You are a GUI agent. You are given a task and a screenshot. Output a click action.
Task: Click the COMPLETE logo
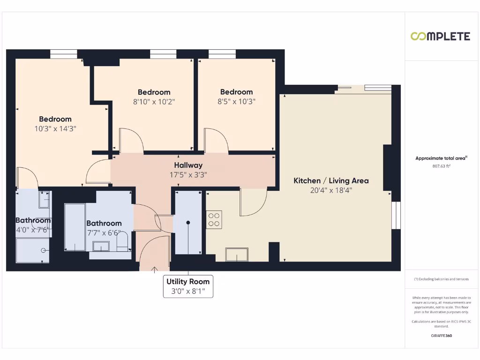click(440, 36)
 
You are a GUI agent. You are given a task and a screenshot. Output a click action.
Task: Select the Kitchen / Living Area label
click(331, 180)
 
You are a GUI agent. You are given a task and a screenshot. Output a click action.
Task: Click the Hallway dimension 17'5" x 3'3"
click(188, 175)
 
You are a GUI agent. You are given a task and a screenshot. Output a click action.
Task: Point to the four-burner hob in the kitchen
click(214, 220)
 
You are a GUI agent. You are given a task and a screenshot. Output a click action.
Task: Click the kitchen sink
click(238, 255)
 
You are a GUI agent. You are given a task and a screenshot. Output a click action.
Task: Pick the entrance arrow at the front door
click(155, 269)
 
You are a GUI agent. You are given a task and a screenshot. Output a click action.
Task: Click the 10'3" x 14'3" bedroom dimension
click(55, 128)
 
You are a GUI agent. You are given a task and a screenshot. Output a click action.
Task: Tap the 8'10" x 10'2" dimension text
click(154, 101)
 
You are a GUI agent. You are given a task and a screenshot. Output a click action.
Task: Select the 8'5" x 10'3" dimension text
click(236, 101)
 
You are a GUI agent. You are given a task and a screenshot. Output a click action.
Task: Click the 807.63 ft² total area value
click(441, 166)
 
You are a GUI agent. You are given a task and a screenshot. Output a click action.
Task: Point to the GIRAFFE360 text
click(441, 336)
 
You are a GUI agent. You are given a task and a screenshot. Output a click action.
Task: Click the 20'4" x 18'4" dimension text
click(331, 190)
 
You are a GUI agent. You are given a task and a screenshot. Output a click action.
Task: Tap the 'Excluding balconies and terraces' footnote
click(441, 279)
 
